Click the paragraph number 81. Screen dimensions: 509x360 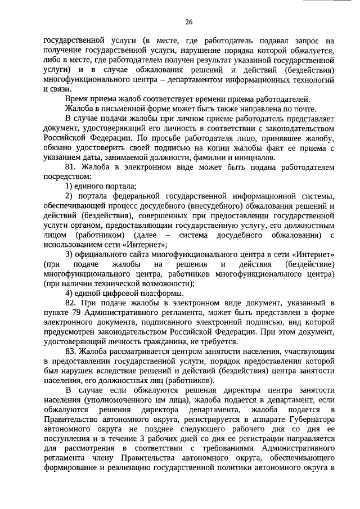tap(71, 167)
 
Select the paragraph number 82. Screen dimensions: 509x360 tap(71, 303)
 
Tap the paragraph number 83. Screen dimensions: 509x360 tap(71, 350)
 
